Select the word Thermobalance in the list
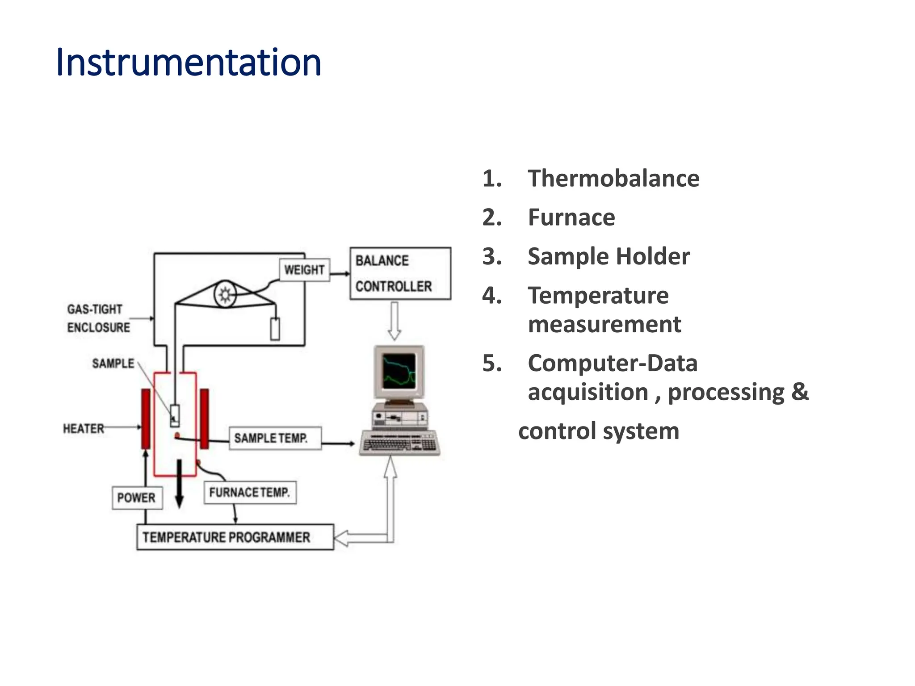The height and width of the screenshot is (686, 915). click(x=613, y=179)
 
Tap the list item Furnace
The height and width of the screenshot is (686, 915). click(x=571, y=218)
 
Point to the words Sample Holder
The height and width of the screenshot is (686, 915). click(x=608, y=256)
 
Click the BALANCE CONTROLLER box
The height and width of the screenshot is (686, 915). click(x=400, y=273)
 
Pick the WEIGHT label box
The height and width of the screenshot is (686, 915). click(x=304, y=270)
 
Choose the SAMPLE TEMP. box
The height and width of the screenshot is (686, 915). click(x=275, y=438)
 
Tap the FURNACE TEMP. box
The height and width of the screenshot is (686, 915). click(x=250, y=492)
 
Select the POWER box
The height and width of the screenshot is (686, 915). click(x=137, y=498)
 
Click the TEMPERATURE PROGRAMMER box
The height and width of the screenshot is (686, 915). click(x=235, y=537)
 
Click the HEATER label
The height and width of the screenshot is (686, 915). click(x=84, y=428)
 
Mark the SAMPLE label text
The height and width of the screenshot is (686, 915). click(x=113, y=363)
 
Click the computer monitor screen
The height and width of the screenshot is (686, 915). click(x=399, y=371)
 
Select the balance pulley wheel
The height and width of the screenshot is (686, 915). click(x=225, y=294)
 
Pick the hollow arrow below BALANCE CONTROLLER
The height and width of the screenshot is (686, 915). click(x=394, y=321)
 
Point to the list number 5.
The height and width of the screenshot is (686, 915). click(x=492, y=363)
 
